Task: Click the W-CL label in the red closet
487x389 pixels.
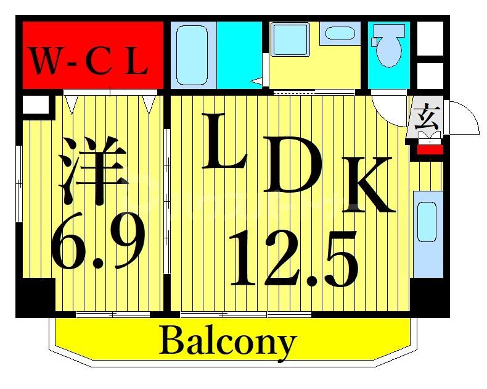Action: coord(90,62)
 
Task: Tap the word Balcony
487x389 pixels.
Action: coord(228,341)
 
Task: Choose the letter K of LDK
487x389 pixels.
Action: coord(368,185)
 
